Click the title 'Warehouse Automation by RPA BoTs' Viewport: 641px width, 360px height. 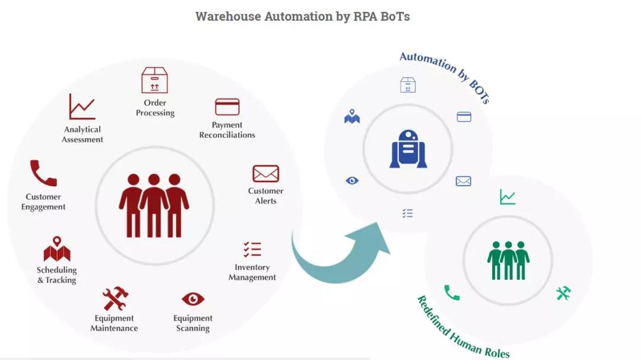tap(303, 17)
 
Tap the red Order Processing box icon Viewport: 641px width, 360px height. tap(154, 80)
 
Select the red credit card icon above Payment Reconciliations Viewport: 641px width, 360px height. tap(227, 107)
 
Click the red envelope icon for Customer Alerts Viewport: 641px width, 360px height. tap(265, 174)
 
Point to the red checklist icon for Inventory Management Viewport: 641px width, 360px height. tap(252, 249)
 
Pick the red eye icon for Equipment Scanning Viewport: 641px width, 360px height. tap(193, 299)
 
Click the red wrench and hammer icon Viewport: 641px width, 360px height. tap(115, 298)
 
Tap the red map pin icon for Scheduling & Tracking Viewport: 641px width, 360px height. tap(57, 249)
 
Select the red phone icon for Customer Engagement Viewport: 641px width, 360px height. tap(43, 174)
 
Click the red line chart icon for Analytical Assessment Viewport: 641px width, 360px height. tap(82, 107)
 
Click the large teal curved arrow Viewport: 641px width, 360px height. tap(338, 255)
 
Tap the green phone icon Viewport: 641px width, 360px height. tap(452, 292)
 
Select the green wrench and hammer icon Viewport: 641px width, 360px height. tap(563, 292)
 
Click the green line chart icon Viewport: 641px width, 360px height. tap(507, 197)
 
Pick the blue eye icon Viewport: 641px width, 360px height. tap(352, 180)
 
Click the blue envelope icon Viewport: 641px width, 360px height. tap(464, 181)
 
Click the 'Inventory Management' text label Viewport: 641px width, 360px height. tap(252, 272)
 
